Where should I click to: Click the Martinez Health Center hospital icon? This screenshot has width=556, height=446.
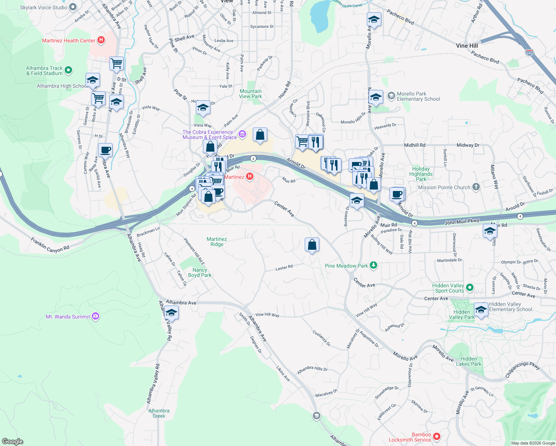pos(101,40)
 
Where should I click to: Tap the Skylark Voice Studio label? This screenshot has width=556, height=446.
pos(43,7)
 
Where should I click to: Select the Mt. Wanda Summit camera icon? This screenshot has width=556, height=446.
pos(96,316)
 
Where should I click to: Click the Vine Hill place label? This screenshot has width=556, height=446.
pos(467,46)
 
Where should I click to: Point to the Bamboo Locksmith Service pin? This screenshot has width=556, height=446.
pos(437,436)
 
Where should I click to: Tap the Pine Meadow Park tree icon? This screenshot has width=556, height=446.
pos(374,265)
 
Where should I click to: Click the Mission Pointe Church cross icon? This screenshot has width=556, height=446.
pos(476,187)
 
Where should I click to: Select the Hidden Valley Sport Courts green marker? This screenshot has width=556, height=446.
pos(469,287)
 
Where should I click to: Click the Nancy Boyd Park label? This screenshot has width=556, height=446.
pos(200,272)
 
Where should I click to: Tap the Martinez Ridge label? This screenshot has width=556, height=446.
pos(217,242)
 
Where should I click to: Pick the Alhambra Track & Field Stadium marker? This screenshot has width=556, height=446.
pos(68,70)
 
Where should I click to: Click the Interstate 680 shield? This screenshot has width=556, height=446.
pos(529,52)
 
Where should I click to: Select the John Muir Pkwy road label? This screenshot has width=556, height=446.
pos(462,222)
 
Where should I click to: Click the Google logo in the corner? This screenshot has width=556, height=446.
pos(13,442)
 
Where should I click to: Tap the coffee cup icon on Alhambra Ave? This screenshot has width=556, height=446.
pos(106,150)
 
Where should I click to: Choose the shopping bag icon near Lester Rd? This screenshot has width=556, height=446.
pos(312,245)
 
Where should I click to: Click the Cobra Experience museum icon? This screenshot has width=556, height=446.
pos(242,134)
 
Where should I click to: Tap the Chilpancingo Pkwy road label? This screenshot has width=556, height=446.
pos(523,370)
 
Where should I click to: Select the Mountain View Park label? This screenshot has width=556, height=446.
pos(250,94)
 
